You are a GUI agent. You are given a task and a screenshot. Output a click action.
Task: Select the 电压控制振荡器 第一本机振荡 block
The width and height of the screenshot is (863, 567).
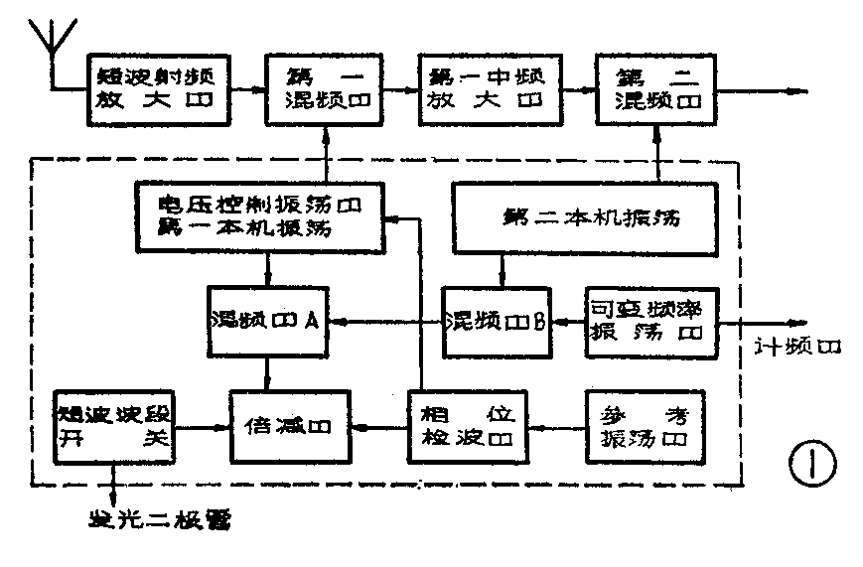260,216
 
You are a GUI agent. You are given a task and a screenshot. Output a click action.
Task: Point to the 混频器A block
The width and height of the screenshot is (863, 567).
269,322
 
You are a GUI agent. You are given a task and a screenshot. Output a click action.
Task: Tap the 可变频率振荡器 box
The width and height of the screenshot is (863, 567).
651,322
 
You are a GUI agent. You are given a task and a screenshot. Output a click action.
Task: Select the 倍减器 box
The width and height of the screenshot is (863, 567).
293,426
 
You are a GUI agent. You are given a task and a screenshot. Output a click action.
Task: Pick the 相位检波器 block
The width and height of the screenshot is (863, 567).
467,426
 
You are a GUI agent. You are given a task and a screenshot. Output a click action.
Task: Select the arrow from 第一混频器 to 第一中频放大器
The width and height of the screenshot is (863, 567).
400,88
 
